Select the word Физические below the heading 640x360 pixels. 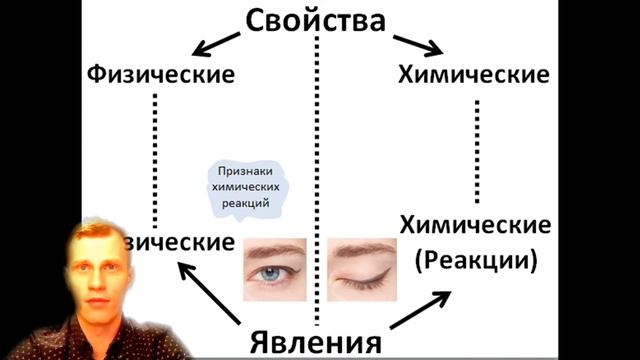point(162,75)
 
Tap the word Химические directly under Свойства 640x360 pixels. point(473,75)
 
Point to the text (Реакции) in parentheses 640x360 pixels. point(475,261)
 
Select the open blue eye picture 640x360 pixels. point(276,269)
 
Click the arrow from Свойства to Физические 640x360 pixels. point(221,45)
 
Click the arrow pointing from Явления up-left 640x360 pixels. point(209,291)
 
